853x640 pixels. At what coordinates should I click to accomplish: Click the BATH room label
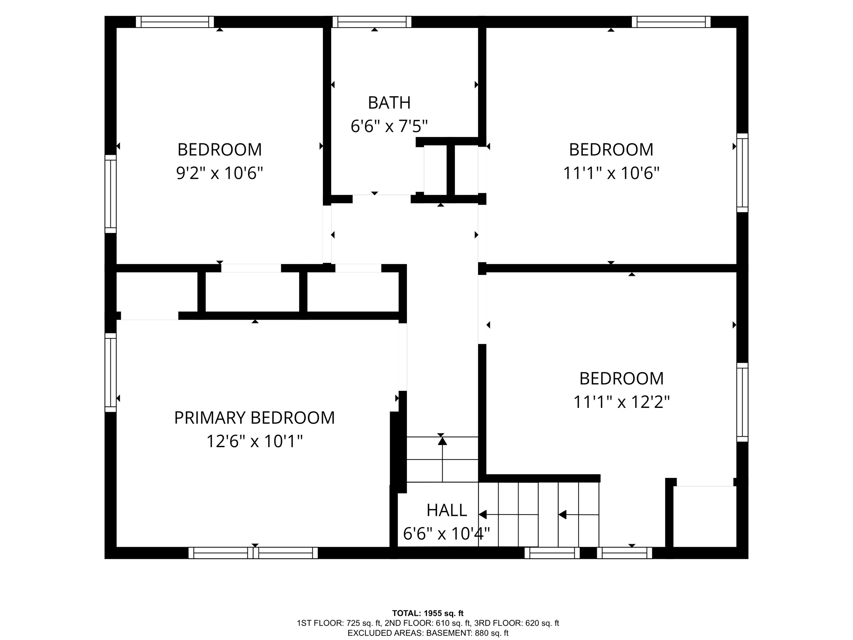tap(389, 102)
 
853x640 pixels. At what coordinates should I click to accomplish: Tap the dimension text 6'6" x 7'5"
tap(389, 126)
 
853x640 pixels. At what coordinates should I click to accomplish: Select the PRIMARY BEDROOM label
tap(254, 417)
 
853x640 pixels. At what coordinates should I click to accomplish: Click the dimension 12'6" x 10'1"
tap(254, 441)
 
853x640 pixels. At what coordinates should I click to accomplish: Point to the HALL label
tap(446, 510)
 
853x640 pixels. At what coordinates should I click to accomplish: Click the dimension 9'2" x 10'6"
tap(219, 172)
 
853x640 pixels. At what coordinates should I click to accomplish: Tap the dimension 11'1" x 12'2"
tap(621, 402)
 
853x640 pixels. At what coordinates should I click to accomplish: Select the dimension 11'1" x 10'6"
tap(611, 172)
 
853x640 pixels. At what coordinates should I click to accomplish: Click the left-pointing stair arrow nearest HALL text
tap(483, 515)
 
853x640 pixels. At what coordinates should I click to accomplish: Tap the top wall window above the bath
tap(372, 22)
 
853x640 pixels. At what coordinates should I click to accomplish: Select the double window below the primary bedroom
tap(253, 553)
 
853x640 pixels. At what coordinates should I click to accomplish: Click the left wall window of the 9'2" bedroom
tap(110, 194)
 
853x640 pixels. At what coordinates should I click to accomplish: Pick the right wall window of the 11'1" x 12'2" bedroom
tap(742, 402)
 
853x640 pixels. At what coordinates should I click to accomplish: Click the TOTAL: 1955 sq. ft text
tap(427, 613)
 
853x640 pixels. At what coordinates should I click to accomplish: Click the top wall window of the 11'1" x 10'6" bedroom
tap(671, 22)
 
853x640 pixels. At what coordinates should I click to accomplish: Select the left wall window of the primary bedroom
tap(110, 372)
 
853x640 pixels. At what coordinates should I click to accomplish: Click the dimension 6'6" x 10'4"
tap(446, 533)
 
